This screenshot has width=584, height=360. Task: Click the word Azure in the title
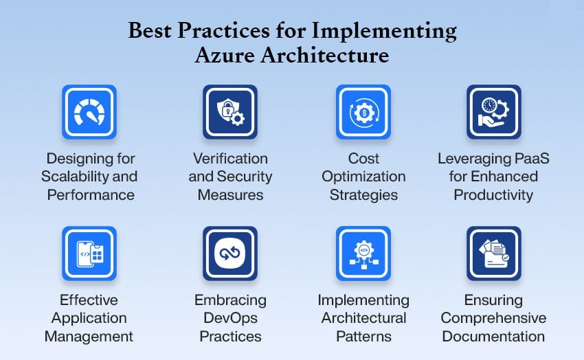225,56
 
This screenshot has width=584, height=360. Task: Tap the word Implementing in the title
384,31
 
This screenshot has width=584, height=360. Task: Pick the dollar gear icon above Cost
363,112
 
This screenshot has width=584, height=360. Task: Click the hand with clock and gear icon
493,112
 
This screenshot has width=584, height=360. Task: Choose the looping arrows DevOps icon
230,254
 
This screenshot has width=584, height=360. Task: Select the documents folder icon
494,254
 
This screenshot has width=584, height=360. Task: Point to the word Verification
231,159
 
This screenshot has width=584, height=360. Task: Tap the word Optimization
363,177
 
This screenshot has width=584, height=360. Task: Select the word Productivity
493,195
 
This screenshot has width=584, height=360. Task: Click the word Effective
89,300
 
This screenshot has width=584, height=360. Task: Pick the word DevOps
231,318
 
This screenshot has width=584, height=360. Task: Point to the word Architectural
363,318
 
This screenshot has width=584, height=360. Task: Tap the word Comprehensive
493,318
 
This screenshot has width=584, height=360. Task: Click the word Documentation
493,337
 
